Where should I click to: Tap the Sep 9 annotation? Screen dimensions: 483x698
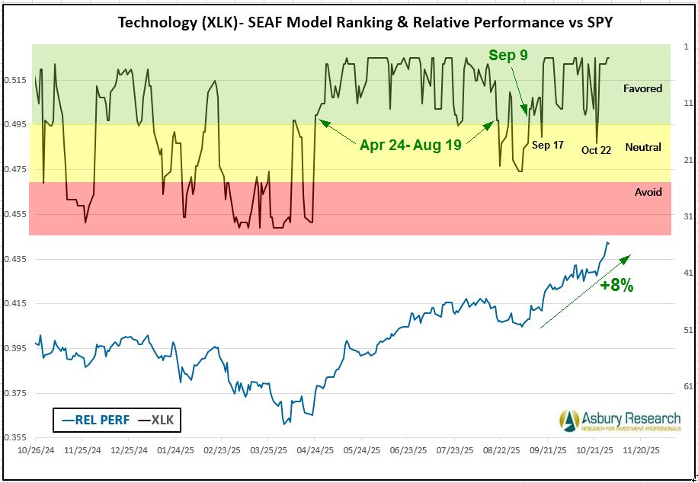[x=508, y=55]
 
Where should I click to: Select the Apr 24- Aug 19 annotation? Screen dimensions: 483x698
[x=410, y=145]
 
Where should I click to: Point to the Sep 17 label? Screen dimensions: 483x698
[x=547, y=145]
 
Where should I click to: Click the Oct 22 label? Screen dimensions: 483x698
[x=596, y=150]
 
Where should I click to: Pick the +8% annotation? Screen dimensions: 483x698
[x=616, y=286]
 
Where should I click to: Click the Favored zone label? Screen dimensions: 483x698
[x=642, y=88]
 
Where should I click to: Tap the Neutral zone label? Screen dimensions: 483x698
[x=643, y=147]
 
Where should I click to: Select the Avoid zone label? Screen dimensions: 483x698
[x=648, y=192]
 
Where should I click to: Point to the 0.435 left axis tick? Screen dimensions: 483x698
[x=17, y=259]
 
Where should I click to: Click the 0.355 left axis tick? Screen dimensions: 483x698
[x=17, y=438]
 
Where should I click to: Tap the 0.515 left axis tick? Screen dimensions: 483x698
[x=17, y=80]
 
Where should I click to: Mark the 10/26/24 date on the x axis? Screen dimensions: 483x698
[x=36, y=450]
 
